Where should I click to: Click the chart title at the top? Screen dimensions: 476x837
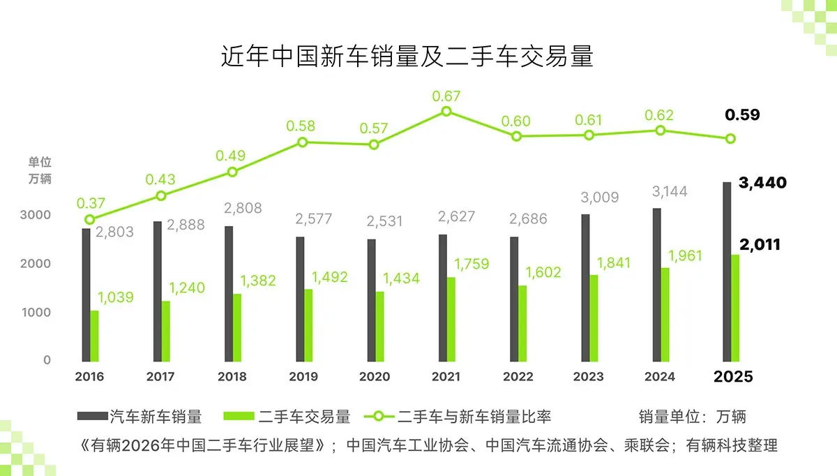click(407, 57)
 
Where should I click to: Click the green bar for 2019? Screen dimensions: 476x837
click(308, 326)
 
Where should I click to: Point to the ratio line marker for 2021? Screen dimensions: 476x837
click(446, 112)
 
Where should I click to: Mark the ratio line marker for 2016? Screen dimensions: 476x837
click(89, 219)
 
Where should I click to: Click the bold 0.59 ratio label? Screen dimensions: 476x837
click(742, 115)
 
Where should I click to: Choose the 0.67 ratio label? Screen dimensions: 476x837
click(446, 96)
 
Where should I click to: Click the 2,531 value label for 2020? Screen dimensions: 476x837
click(388, 221)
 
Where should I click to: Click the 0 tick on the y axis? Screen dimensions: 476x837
click(47, 360)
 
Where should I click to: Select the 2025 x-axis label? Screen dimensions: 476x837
click(733, 377)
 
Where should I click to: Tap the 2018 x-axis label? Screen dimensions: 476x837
click(232, 377)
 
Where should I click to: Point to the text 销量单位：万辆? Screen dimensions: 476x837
click(692, 417)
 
